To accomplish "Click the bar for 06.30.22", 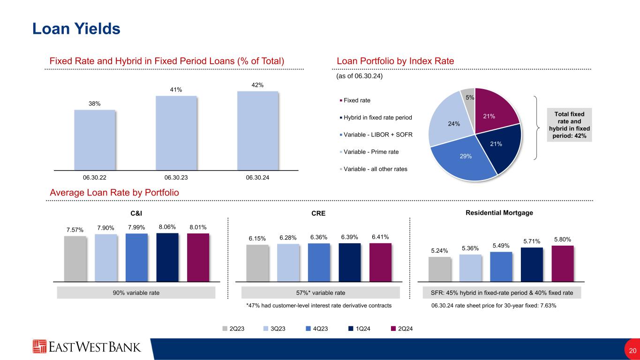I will click(x=94, y=139).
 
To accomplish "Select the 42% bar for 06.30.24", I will click(x=257, y=130).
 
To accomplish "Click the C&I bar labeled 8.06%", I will click(x=167, y=256).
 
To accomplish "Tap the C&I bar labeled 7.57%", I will click(x=75, y=258).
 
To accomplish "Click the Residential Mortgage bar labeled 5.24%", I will click(x=439, y=269).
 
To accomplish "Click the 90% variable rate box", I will click(x=136, y=293).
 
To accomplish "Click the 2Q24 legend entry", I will click(x=402, y=329).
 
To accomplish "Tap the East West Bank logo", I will click(x=87, y=347).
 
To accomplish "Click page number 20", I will click(x=632, y=351).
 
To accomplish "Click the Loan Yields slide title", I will click(x=76, y=29).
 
